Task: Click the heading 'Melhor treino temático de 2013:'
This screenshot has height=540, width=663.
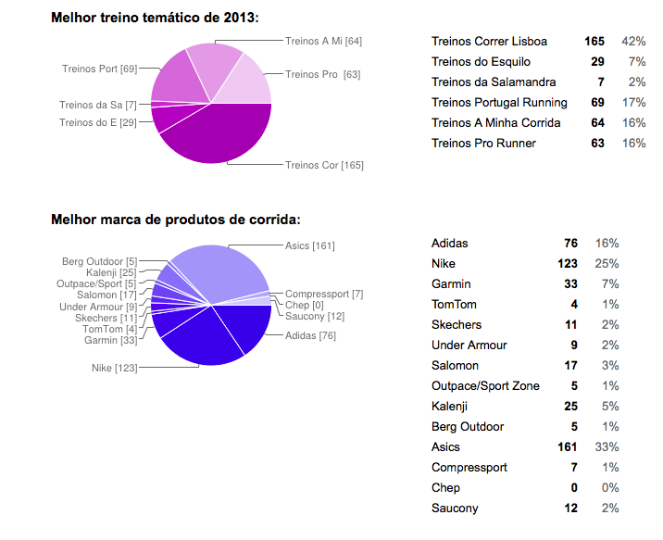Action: pos(155,18)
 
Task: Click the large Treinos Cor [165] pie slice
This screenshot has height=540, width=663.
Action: pos(218,137)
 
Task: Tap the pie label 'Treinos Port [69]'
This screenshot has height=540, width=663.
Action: pos(99,69)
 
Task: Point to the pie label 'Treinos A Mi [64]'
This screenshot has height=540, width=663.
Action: pos(323,41)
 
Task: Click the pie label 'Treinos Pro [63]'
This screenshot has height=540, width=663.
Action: pos(323,74)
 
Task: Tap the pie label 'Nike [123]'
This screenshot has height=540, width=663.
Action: pos(114,369)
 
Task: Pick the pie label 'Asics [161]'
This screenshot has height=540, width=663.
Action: pos(310,245)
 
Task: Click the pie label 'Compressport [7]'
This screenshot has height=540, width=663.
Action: pos(324,294)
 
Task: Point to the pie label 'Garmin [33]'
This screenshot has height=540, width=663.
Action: pos(110,340)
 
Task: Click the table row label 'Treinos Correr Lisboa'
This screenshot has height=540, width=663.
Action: pos(489,42)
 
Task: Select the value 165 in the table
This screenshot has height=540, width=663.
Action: pos(594,42)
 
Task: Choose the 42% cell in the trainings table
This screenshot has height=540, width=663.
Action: pos(633,42)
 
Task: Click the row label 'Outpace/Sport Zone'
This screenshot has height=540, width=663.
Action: pos(485,386)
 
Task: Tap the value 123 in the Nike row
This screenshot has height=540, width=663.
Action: pos(567,264)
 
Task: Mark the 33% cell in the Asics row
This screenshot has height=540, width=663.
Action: pos(607,447)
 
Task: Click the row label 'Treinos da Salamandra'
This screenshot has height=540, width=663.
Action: pos(494,82)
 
